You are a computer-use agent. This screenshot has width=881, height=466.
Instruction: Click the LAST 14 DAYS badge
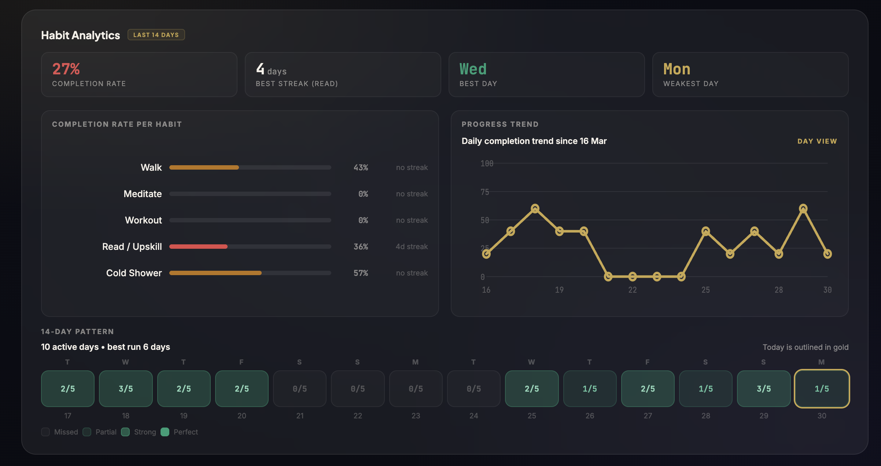click(x=156, y=35)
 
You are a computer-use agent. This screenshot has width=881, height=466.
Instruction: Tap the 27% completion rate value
click(x=66, y=69)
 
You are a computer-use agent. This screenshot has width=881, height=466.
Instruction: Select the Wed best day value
click(x=473, y=69)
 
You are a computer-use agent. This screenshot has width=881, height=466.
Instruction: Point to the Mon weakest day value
click(x=677, y=69)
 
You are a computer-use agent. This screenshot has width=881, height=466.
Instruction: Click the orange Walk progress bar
click(x=204, y=167)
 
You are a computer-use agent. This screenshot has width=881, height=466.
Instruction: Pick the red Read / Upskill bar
click(x=198, y=247)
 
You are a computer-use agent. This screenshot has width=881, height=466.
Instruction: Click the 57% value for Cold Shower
click(x=361, y=273)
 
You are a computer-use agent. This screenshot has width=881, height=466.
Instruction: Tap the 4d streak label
click(x=412, y=247)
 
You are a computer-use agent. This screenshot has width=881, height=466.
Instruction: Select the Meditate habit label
click(x=143, y=194)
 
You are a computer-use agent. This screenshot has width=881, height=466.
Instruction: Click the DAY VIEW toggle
click(x=817, y=141)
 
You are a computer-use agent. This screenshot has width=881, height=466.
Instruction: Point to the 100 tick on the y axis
click(x=487, y=163)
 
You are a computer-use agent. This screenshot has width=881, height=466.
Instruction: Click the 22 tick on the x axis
click(x=633, y=290)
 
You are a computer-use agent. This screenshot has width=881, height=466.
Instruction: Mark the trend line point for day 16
click(x=486, y=254)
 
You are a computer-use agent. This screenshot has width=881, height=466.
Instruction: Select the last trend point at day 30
click(x=827, y=254)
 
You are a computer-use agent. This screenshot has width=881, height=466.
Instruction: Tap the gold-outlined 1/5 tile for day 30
click(x=822, y=389)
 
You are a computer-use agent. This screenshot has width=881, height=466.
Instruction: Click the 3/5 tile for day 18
click(x=126, y=389)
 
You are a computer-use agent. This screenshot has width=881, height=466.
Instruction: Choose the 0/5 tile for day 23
click(x=416, y=389)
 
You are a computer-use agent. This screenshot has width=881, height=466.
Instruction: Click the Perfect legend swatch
click(x=165, y=432)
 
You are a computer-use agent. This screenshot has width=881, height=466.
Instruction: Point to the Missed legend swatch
click(x=45, y=432)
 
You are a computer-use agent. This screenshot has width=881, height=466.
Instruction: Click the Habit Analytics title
click(x=81, y=35)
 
